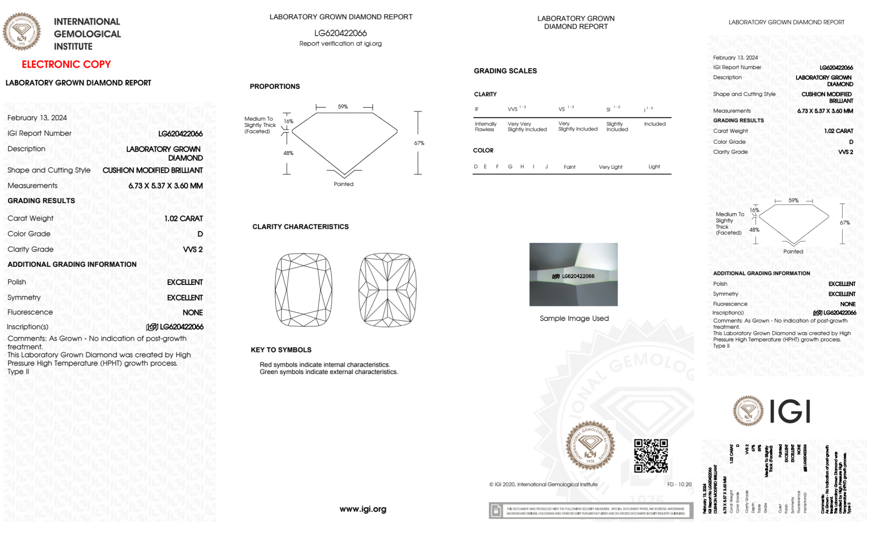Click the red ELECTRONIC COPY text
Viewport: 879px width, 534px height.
[66, 65]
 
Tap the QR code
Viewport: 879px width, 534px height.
[651, 456]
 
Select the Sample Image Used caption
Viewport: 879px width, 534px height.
[574, 318]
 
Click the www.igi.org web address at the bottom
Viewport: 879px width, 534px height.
[363, 509]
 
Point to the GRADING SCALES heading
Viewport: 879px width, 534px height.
[505, 71]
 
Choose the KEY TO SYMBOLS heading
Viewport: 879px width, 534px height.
[281, 350]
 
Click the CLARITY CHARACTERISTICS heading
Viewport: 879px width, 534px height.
[300, 227]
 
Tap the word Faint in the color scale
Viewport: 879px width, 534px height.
[569, 167]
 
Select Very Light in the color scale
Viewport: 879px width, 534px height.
[610, 167]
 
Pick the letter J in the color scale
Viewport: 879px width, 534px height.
[546, 167]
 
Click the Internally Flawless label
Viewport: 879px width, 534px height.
[485, 127]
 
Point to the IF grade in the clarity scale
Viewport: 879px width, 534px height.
[477, 109]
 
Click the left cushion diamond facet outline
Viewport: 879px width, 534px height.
[304, 290]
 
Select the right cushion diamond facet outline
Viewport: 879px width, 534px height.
[387, 290]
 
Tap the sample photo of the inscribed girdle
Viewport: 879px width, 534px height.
[573, 274]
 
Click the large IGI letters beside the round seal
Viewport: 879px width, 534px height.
[790, 411]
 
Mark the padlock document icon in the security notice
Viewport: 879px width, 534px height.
[496, 511]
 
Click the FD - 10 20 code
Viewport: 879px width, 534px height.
[679, 484]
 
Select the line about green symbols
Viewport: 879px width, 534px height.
[329, 372]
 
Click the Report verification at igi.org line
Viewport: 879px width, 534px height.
[340, 44]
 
